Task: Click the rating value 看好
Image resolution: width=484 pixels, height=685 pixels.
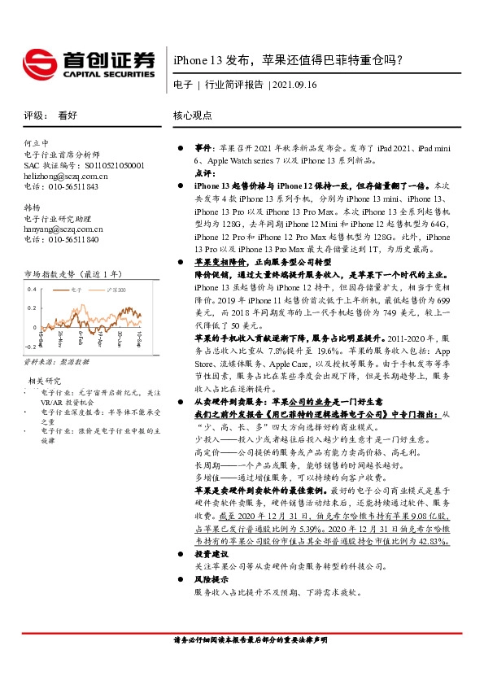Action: pyautogui.click(x=67, y=116)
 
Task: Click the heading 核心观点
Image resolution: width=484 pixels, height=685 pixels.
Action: pyautogui.click(x=193, y=116)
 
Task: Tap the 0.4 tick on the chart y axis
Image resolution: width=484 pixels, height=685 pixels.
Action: pyautogui.click(x=33, y=289)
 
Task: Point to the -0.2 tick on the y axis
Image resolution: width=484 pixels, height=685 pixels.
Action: pyautogui.click(x=31, y=346)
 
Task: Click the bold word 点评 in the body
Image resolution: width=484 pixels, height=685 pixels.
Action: pyautogui.click(x=203, y=173)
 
